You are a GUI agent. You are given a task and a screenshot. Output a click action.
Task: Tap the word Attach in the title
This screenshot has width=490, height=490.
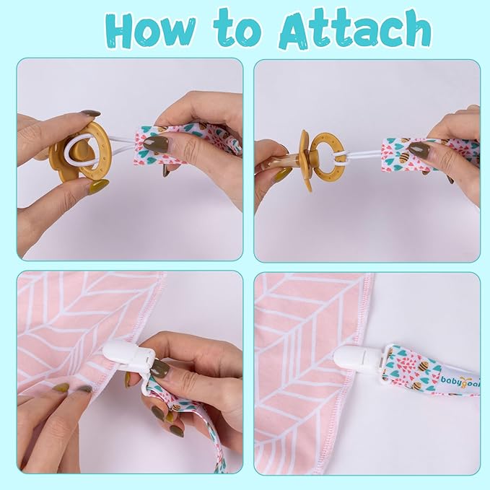(x=355, y=29)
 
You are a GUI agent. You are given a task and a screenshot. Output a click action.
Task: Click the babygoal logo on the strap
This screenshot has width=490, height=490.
(x=460, y=380)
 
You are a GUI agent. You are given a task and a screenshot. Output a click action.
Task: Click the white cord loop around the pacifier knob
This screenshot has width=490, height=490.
(x=82, y=151)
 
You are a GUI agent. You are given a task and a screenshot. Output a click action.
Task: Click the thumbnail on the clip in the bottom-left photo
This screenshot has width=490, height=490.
(x=159, y=367)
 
